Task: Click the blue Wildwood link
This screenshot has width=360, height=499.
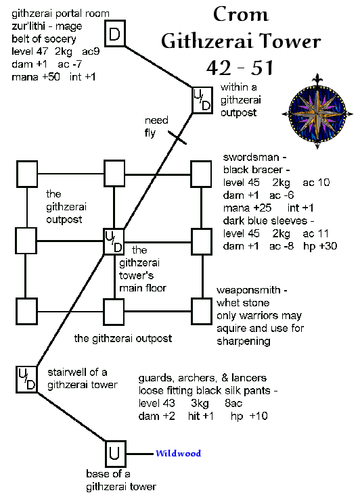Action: pyautogui.click(x=178, y=453)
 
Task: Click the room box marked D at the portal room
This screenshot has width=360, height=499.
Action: pyautogui.click(x=114, y=33)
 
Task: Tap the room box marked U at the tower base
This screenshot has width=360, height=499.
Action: pyautogui.click(x=115, y=454)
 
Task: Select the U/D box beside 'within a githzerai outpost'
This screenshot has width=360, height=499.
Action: pyautogui.click(x=202, y=100)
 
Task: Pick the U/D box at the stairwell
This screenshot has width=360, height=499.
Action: pyautogui.click(x=27, y=379)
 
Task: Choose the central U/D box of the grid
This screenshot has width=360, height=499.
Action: pyautogui.click(x=114, y=241)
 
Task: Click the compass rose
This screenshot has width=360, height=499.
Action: pyautogui.click(x=317, y=112)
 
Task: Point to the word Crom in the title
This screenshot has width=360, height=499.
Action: pyautogui.click(x=241, y=15)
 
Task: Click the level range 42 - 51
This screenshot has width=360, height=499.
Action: pyautogui.click(x=240, y=68)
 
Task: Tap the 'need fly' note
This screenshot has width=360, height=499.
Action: pyautogui.click(x=156, y=126)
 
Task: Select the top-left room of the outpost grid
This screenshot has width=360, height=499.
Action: pyautogui.click(x=27, y=174)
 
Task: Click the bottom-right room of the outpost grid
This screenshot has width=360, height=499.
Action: pyautogui.click(x=202, y=311)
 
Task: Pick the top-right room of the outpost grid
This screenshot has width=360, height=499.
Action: pyautogui.click(x=201, y=174)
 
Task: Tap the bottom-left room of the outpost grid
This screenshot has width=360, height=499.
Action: pyautogui.click(x=27, y=311)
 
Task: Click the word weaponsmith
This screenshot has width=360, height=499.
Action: pyautogui.click(x=248, y=290)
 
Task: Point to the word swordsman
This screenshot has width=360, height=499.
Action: pyautogui.click(x=251, y=158)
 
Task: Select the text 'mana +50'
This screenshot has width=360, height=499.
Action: pyautogui.click(x=36, y=77)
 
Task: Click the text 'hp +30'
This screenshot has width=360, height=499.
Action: pyautogui.click(x=320, y=246)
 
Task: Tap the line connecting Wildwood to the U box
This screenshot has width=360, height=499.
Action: pyautogui.click(x=140, y=454)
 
